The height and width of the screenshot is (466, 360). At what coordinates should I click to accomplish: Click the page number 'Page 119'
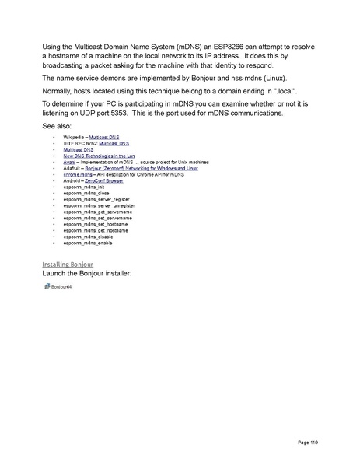point(308,443)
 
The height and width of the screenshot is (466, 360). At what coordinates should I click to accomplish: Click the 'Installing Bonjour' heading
point(66,265)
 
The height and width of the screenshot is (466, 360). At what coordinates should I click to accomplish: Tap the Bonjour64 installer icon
point(47,287)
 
